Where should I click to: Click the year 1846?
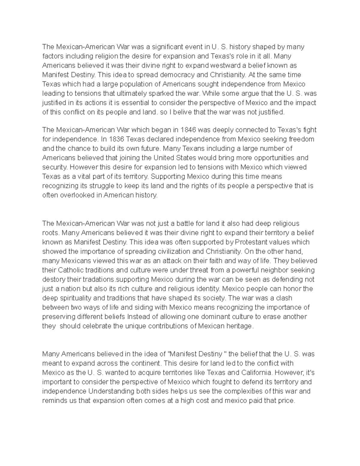click(x=188, y=130)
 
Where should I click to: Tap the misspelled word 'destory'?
click(x=54, y=279)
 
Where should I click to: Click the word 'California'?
click(x=257, y=373)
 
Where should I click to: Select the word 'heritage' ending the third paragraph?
click(x=240, y=326)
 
